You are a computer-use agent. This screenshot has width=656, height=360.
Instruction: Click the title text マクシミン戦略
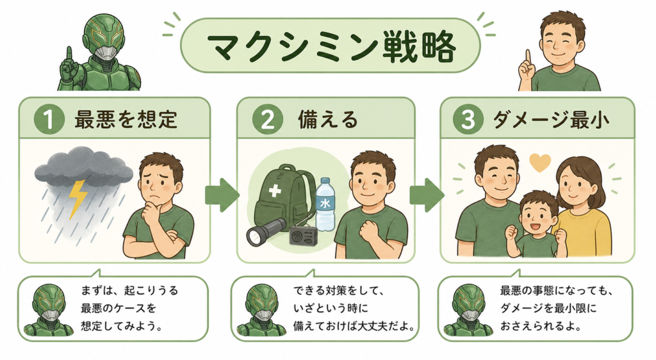point(331,47)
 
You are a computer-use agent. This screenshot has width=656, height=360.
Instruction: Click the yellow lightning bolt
point(78,199)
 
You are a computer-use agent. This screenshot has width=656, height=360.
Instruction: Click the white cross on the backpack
point(275,191)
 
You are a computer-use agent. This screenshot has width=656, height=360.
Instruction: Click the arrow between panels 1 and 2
point(222,195)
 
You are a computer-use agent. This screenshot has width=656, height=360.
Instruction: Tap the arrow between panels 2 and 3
point(426,195)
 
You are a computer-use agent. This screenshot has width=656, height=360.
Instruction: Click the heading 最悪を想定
point(126,119)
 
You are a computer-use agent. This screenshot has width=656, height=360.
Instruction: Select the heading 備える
point(328,119)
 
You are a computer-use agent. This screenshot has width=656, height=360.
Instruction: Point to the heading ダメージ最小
point(550,119)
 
